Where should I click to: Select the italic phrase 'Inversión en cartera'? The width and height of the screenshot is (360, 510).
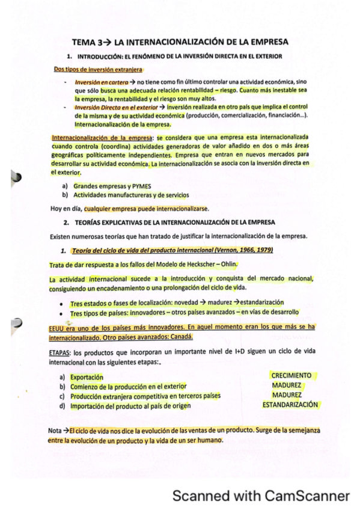point(101,81)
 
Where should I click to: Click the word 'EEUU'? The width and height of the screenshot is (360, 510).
point(58,328)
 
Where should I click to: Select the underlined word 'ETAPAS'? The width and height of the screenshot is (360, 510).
point(63,352)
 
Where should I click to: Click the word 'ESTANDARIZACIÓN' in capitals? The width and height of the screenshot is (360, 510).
point(290,405)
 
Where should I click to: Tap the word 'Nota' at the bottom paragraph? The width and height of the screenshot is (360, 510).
point(55,431)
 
